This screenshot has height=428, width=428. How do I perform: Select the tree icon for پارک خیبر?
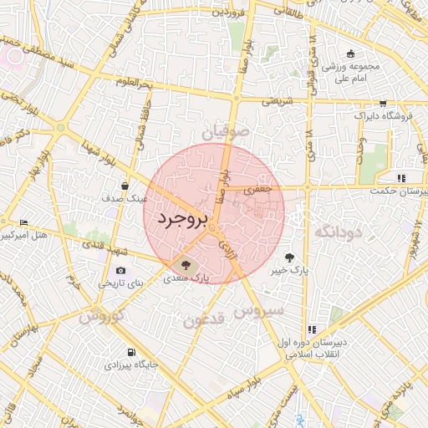pyautogui.click(x=289, y=257)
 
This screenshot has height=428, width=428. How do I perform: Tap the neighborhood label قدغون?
pyautogui.click(x=204, y=318)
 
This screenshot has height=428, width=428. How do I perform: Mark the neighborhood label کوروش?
pyautogui.click(x=102, y=316)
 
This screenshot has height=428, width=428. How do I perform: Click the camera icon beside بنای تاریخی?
pyautogui.click(x=121, y=270)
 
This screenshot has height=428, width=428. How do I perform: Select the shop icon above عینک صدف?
pyautogui.click(x=125, y=186)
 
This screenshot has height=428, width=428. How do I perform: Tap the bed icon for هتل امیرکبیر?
pyautogui.click(x=23, y=222)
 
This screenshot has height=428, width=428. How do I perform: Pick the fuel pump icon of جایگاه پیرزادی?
pyautogui.click(x=130, y=352)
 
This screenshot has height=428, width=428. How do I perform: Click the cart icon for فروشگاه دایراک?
pyautogui.click(x=383, y=104)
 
